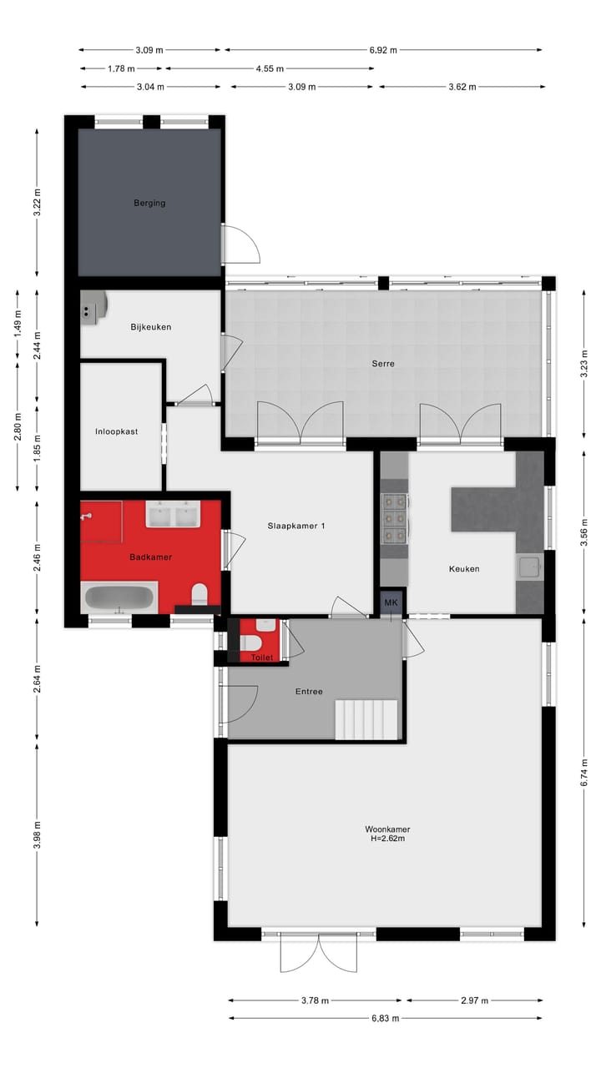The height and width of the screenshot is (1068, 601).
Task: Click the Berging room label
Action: (149, 203)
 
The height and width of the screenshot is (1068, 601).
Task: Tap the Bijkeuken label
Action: (150, 327)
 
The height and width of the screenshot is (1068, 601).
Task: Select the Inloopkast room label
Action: (116, 431)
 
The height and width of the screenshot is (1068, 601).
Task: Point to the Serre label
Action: (383, 364)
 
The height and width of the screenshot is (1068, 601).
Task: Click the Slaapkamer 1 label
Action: (296, 526)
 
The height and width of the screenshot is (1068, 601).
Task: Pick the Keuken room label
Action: (464, 569)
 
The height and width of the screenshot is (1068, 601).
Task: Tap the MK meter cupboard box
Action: (390, 602)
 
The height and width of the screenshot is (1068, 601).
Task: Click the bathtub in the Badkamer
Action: (119, 598)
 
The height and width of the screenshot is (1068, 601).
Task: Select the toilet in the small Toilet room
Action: (250, 642)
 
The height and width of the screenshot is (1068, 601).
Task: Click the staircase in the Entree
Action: (366, 719)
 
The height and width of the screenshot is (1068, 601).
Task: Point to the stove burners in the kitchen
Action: (394, 520)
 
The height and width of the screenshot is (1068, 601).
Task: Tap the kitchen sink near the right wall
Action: (528, 568)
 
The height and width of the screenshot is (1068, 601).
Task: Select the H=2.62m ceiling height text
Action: (387, 839)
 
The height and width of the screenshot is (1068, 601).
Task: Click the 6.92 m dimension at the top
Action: (383, 50)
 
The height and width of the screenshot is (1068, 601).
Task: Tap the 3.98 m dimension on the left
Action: (36, 835)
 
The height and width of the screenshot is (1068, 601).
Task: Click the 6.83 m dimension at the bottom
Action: (386, 1018)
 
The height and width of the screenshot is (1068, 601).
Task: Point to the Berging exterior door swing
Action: (243, 244)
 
